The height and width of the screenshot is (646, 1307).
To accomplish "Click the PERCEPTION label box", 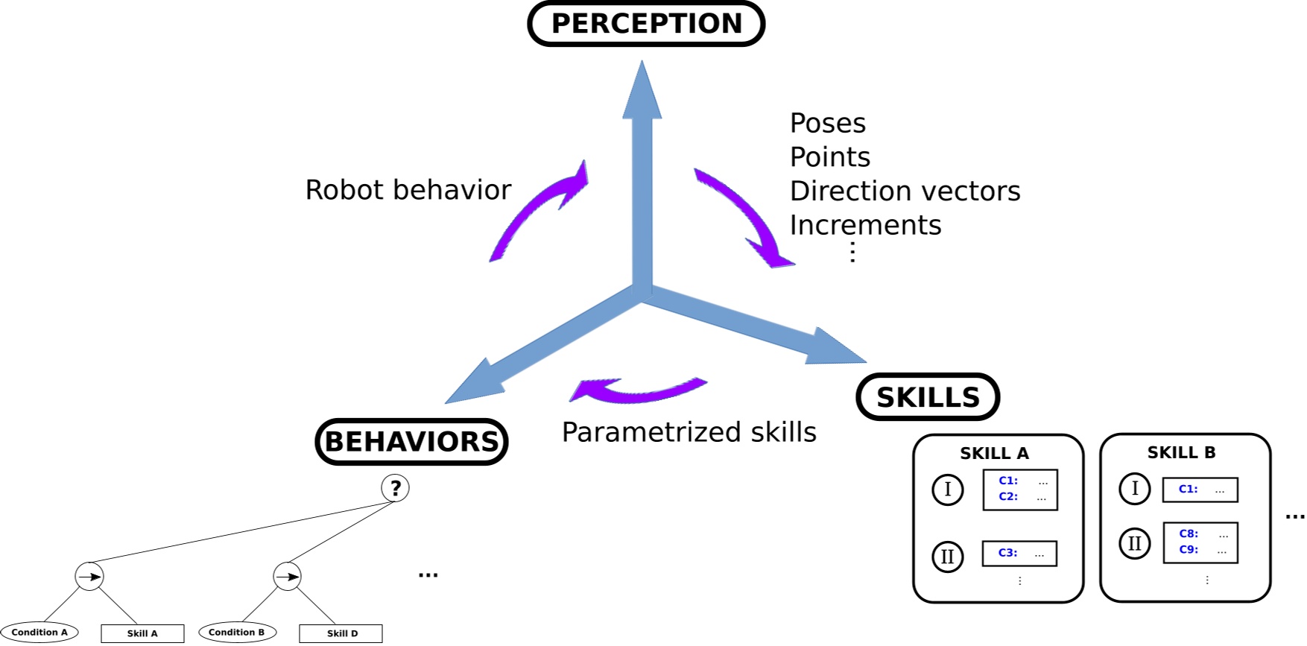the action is click(x=646, y=24).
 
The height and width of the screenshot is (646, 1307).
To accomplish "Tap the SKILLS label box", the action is click(x=928, y=397).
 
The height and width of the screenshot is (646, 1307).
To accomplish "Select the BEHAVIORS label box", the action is click(x=411, y=442).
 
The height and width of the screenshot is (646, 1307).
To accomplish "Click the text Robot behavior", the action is click(x=408, y=190).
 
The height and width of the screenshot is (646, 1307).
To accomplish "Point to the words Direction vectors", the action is click(x=905, y=191).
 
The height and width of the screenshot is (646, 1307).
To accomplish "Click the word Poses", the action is click(x=828, y=124).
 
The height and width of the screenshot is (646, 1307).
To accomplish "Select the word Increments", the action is click(x=866, y=225).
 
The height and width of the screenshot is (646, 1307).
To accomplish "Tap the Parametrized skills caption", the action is click(x=689, y=432).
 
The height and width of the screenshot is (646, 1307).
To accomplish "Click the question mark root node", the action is click(x=395, y=488).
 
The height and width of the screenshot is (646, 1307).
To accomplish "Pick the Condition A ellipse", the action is click(x=39, y=633).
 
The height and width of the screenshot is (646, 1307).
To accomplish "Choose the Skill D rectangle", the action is click(x=341, y=633).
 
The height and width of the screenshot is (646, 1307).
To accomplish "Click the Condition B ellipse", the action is click(x=237, y=633).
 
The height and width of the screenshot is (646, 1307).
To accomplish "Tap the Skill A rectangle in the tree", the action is click(x=142, y=633).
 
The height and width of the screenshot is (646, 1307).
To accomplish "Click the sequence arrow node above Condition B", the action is click(x=287, y=576).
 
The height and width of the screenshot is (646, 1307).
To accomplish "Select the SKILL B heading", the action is click(x=1181, y=452).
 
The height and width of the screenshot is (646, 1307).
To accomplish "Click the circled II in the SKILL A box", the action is click(x=948, y=557).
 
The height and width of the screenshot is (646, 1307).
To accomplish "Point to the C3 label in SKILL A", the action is click(x=1007, y=553).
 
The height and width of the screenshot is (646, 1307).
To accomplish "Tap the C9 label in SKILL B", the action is click(x=1189, y=550).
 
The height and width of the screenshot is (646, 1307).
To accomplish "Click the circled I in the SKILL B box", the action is click(x=1135, y=489).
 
